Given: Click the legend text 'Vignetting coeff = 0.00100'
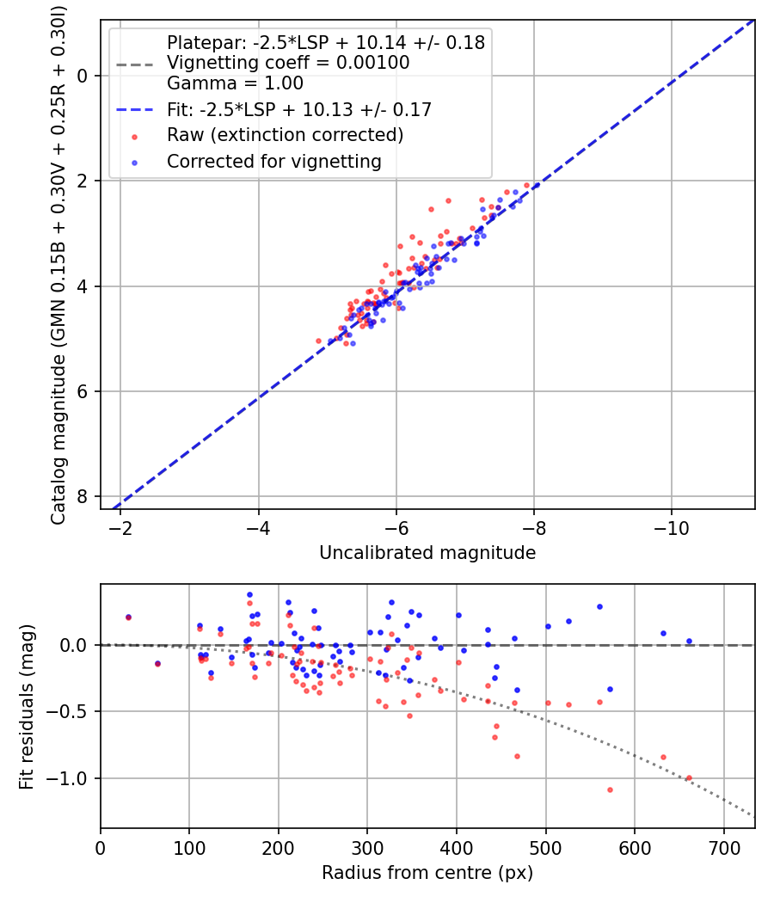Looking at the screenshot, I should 288,63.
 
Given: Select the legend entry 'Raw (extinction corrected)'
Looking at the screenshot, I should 285,135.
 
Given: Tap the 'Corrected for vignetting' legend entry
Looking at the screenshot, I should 274,161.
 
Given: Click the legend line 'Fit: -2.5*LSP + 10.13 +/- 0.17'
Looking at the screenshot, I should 298,109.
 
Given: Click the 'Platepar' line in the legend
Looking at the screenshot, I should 325,42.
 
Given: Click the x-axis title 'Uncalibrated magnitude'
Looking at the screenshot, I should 427,553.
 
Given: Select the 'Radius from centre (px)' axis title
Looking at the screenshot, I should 427,873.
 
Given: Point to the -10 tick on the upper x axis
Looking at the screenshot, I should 672,527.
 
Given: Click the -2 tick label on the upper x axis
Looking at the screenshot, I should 120,527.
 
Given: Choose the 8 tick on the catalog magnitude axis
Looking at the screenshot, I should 83,496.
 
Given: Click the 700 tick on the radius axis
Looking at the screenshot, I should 723,847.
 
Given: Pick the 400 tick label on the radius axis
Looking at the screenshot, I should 457,847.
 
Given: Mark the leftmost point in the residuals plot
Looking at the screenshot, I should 128,617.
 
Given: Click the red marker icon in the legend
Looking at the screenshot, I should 133,135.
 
